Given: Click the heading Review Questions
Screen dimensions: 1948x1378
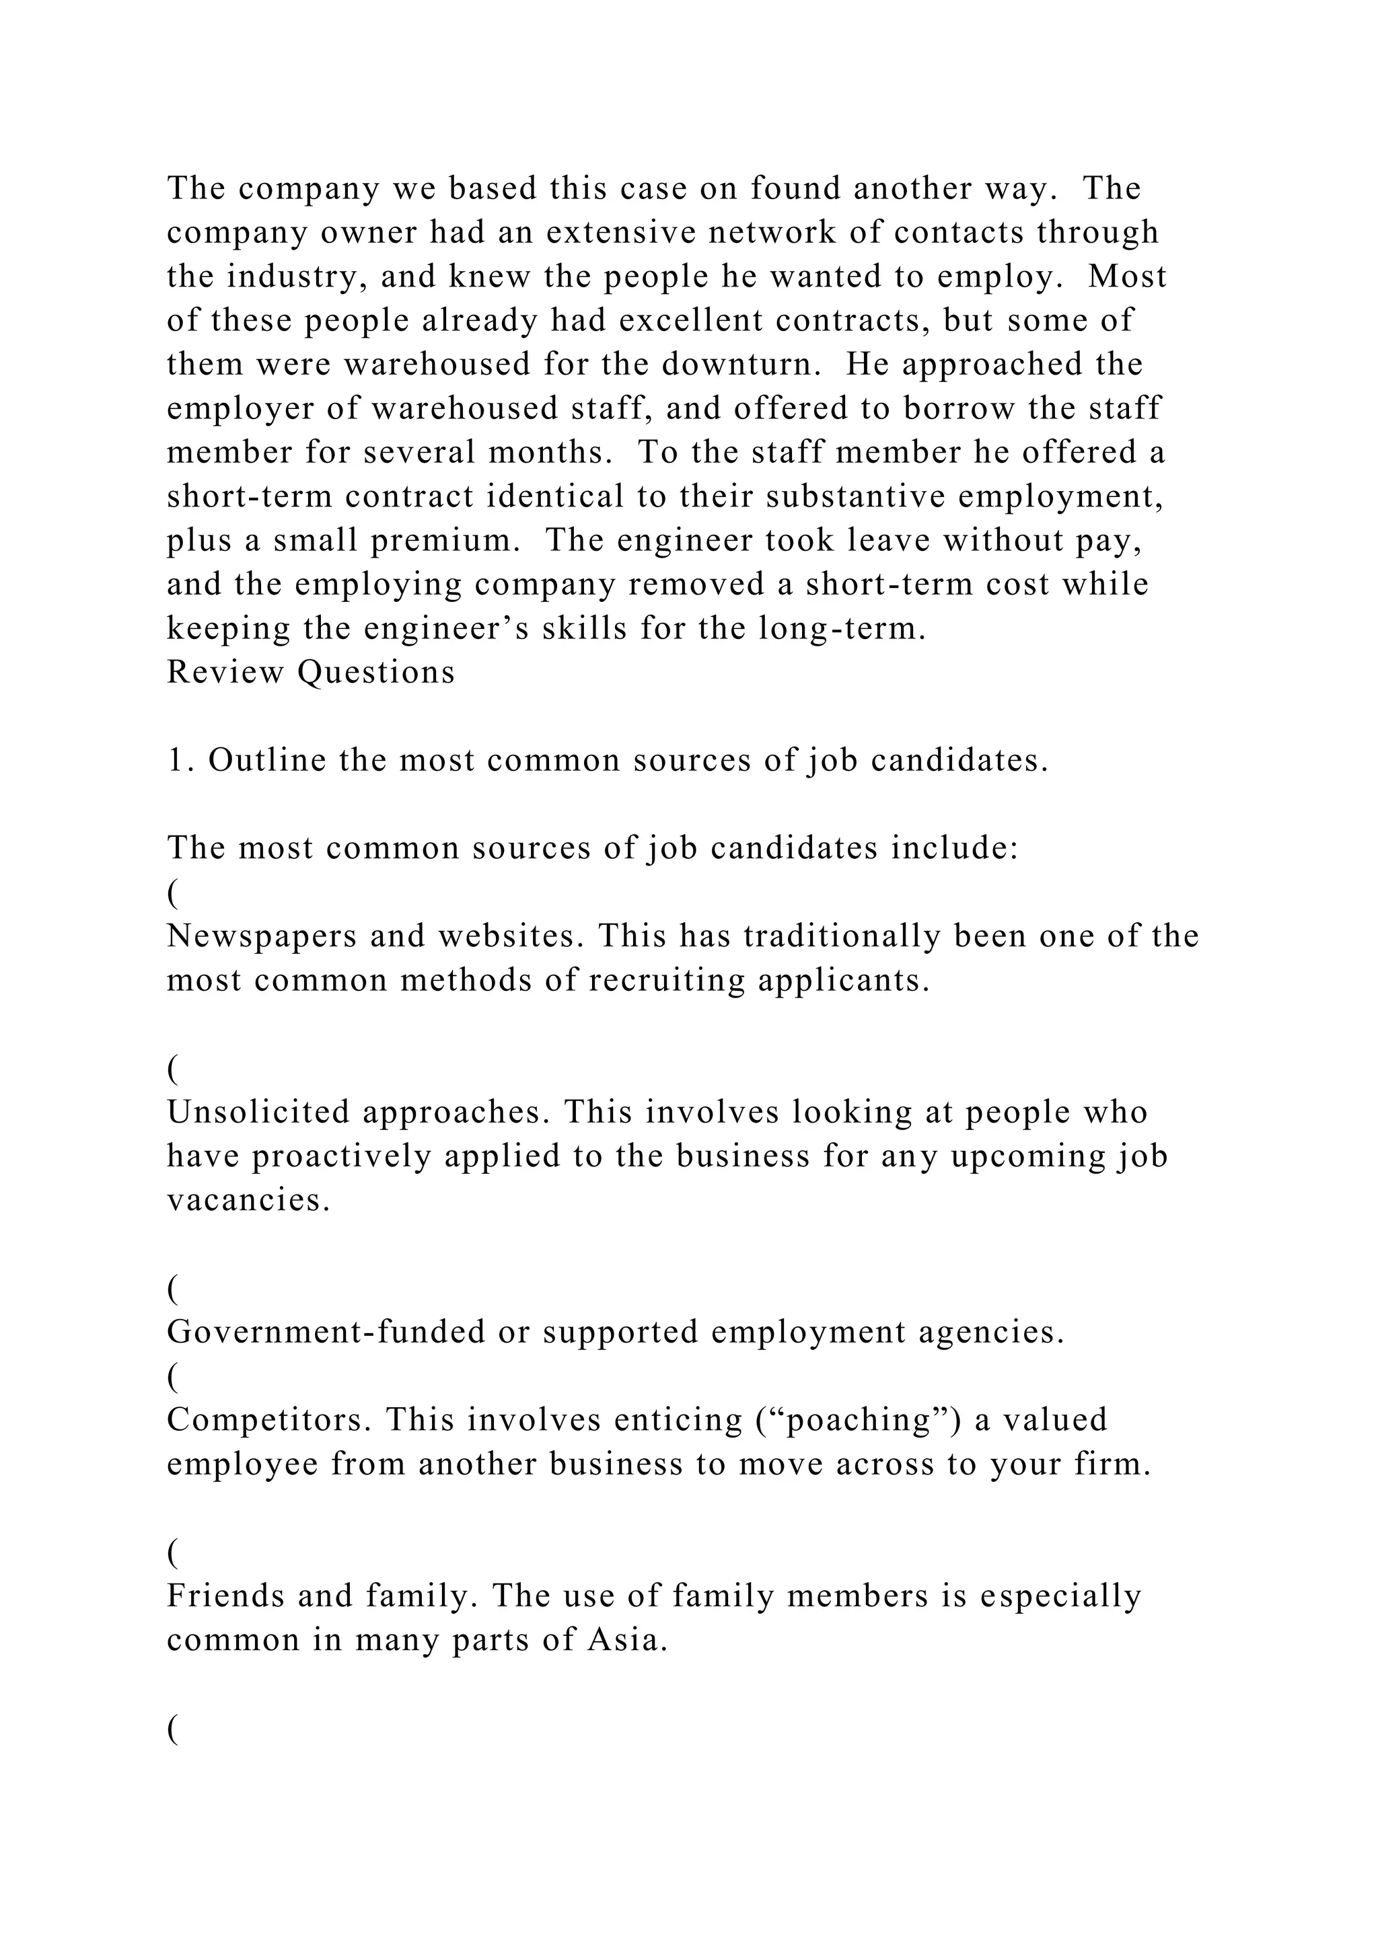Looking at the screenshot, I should (311, 672).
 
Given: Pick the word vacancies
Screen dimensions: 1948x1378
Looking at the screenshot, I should (247, 1201).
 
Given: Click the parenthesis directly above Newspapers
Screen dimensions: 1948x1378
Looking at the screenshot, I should (172, 893).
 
